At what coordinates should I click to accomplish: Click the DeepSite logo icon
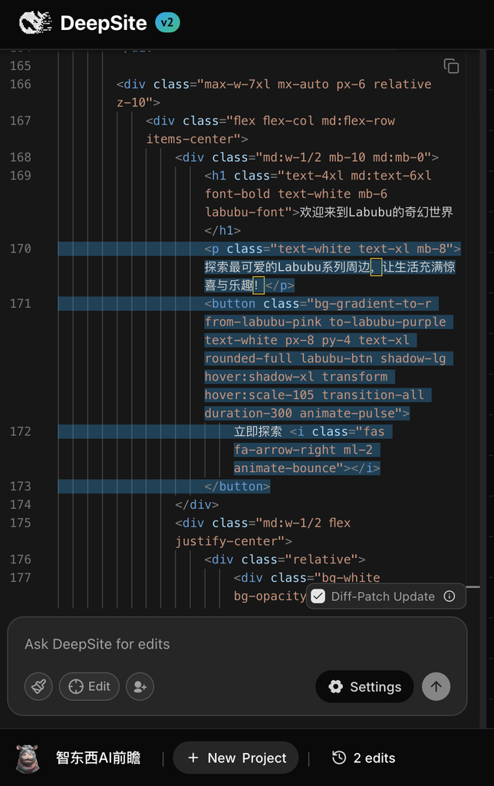[x=35, y=22]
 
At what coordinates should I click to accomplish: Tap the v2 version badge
[x=167, y=22]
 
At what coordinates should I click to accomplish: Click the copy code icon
[x=451, y=66]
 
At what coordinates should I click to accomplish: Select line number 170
[x=21, y=249]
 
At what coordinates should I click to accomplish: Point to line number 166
[x=21, y=84]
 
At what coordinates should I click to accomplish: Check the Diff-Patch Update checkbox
[x=318, y=596]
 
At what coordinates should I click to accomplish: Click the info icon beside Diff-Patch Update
[x=450, y=596]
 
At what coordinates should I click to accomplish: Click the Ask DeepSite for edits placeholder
[x=97, y=644]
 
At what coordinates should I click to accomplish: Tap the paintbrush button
[x=38, y=686]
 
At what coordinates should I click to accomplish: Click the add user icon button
[x=140, y=686]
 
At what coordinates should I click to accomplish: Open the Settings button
[x=364, y=687]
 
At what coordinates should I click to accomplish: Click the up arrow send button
[x=436, y=686]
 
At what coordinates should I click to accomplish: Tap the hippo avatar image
[x=28, y=758]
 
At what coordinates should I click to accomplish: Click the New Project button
[x=236, y=758]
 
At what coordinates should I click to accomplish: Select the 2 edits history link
[x=364, y=758]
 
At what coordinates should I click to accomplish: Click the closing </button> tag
[x=237, y=486]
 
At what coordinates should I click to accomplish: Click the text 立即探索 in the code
[x=258, y=431]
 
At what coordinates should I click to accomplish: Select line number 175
[x=21, y=523]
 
